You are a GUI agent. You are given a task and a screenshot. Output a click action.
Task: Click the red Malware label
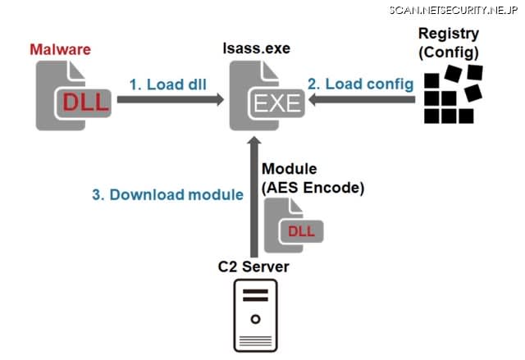pyautogui.click(x=60, y=49)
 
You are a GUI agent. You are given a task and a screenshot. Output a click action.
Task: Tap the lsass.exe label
pyautogui.click(x=257, y=48)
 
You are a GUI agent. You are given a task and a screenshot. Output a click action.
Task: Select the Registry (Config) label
pyautogui.click(x=449, y=43)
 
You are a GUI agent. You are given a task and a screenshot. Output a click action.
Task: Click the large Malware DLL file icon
pyautogui.click(x=74, y=96)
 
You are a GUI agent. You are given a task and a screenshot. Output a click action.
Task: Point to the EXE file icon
pyautogui.click(x=267, y=96)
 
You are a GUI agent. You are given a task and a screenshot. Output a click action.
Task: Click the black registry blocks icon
pyautogui.click(x=453, y=94)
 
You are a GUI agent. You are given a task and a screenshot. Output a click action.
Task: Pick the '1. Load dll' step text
pyautogui.click(x=167, y=84)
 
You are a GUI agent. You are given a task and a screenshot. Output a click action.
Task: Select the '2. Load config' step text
pyautogui.click(x=361, y=84)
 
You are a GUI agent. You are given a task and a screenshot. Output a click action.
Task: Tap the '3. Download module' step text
pyautogui.click(x=167, y=194)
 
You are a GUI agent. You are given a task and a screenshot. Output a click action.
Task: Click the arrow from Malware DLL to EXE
pyautogui.click(x=171, y=99)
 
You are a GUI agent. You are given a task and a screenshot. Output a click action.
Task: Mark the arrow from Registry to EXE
pyautogui.click(x=362, y=99)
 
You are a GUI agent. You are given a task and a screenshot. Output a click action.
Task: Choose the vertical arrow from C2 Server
pyautogui.click(x=254, y=197)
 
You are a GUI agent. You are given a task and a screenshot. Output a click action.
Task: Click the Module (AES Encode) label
pyautogui.click(x=313, y=178)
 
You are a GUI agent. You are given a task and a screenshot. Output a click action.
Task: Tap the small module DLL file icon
pyautogui.click(x=294, y=226)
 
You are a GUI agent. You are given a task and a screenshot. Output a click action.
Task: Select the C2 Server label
pyautogui.click(x=253, y=267)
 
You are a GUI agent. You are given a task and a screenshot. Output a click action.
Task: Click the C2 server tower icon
pyautogui.click(x=255, y=316)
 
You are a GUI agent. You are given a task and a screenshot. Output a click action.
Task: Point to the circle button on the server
pyautogui.click(x=255, y=319)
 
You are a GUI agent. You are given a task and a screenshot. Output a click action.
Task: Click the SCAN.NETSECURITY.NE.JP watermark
pyautogui.click(x=454, y=10)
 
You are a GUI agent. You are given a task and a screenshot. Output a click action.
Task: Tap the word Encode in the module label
pyautogui.click(x=334, y=188)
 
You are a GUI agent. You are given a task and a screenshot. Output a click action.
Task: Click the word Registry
pyautogui.click(x=449, y=34)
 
